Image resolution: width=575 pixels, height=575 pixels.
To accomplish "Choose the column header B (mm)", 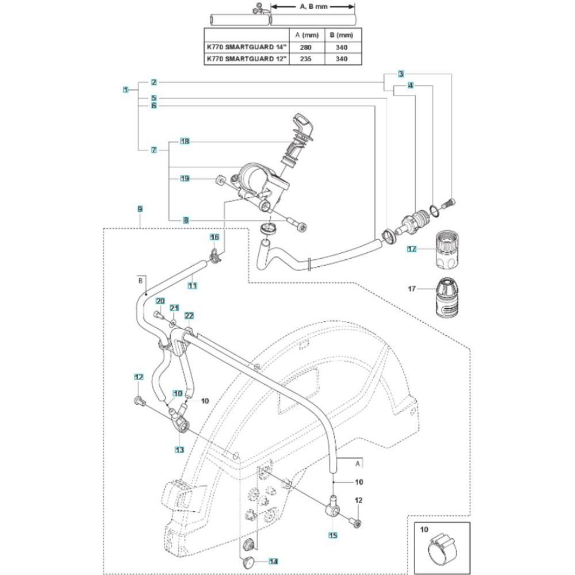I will [336, 35].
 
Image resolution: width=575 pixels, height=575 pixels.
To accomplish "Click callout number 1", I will [125, 90].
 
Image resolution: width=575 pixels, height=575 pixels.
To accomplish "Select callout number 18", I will [185, 141].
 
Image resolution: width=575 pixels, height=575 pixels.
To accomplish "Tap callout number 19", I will [185, 178].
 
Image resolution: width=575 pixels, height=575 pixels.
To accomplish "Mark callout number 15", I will [333, 535].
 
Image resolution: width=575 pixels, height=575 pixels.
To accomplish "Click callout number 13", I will [180, 449].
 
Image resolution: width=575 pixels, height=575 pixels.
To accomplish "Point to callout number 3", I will [401, 74].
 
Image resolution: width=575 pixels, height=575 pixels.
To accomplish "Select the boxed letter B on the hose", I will [140, 281].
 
